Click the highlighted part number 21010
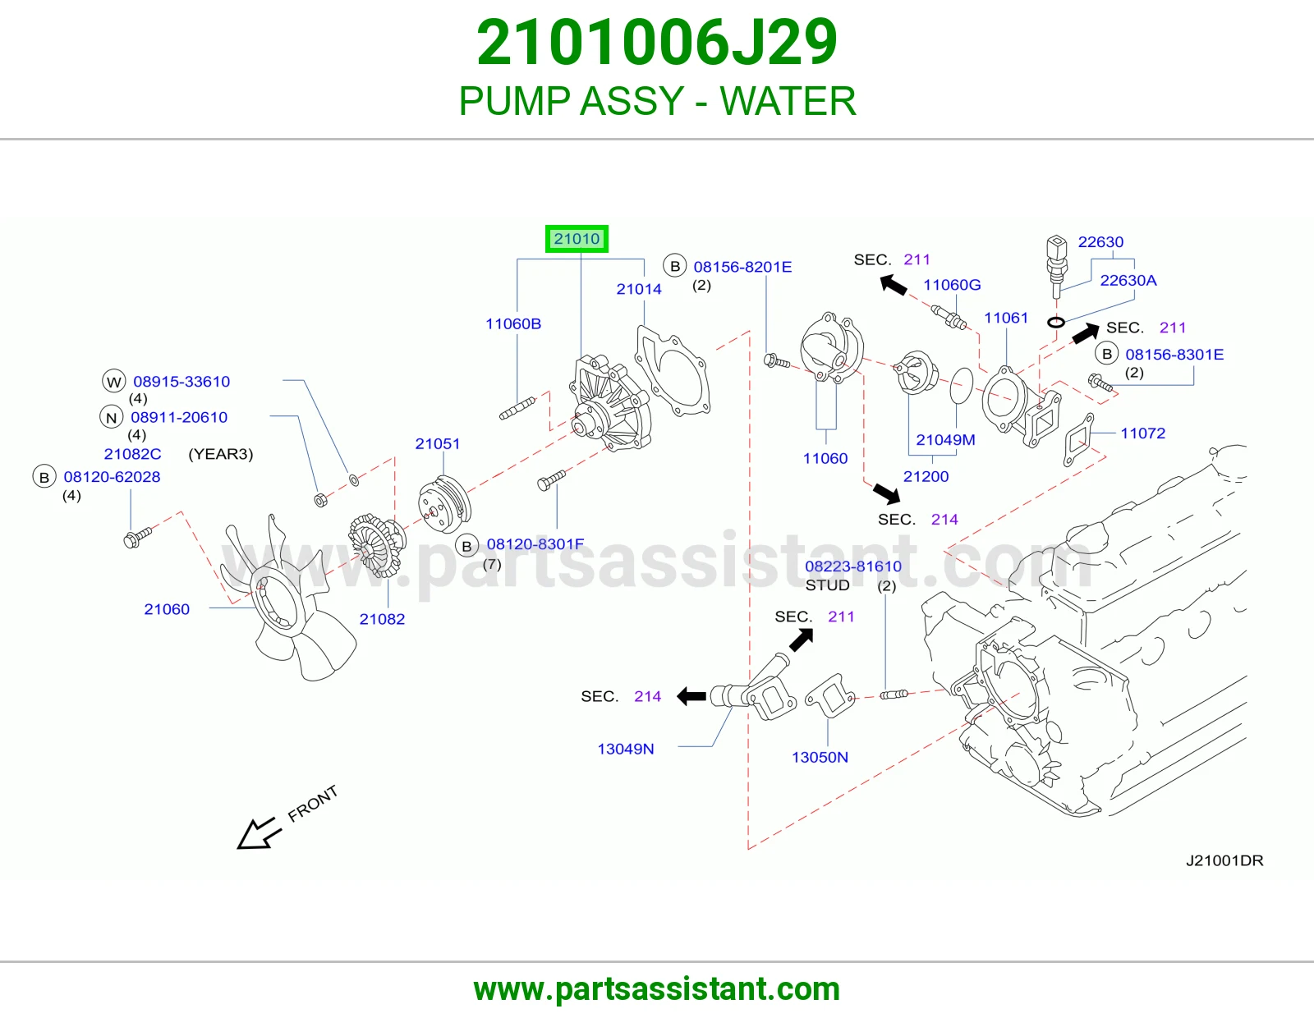[x=577, y=239]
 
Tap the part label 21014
[x=639, y=289]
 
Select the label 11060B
[x=512, y=323]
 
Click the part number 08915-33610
[x=181, y=382]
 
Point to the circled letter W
[x=113, y=382]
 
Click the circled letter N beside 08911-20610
[x=111, y=417]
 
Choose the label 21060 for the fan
[x=166, y=608]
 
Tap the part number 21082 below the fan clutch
[x=382, y=618]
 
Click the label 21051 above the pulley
[x=437, y=443]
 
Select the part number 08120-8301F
[x=535, y=544]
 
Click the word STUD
[x=827, y=585]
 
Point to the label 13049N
[x=625, y=749]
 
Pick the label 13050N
[x=820, y=758]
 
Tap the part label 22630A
[x=1128, y=281]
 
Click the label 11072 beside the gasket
[x=1142, y=433]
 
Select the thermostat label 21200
[x=926, y=476]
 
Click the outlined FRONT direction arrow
[x=259, y=834]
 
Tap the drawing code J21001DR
[x=1224, y=860]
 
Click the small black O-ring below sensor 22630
[x=1056, y=322]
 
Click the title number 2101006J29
[x=657, y=43]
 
